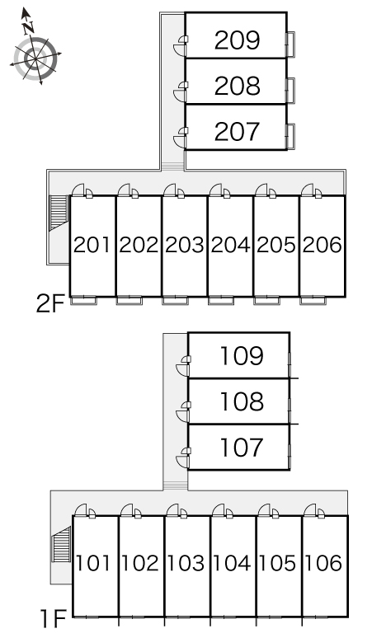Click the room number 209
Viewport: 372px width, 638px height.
point(237,40)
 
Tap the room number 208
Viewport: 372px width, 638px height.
point(237,86)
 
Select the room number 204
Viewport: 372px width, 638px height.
point(231,245)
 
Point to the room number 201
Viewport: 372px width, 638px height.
point(92,245)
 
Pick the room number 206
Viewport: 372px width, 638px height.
point(323,245)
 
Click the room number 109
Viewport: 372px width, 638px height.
point(242,355)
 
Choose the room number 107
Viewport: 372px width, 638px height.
point(242,447)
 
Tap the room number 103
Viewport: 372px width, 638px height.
point(186,563)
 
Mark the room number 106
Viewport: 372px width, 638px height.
point(324,563)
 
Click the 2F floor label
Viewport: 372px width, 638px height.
point(50,303)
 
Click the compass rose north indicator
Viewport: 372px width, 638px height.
point(27,21)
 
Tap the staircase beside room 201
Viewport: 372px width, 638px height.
point(59,213)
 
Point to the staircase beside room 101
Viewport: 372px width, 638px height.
point(61,544)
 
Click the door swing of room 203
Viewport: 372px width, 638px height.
point(173,191)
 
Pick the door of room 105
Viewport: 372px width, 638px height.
point(268,511)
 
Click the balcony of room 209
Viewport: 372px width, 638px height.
point(290,44)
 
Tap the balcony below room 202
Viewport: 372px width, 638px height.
point(129,301)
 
